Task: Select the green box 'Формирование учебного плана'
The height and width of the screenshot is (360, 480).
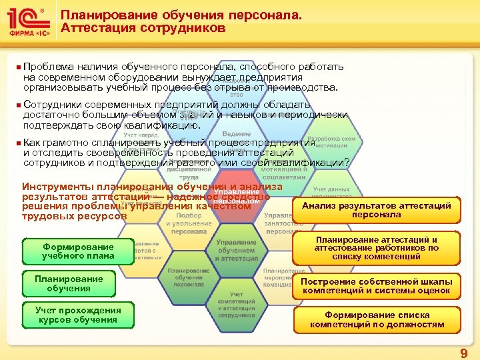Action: (x=78, y=251)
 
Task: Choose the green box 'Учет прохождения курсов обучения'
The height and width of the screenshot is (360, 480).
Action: (x=78, y=315)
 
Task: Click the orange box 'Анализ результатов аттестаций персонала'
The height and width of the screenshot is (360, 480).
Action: (x=376, y=210)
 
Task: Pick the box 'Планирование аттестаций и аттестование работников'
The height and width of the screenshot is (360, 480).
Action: (x=376, y=248)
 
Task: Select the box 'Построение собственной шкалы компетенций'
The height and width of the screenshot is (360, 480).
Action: (x=376, y=285)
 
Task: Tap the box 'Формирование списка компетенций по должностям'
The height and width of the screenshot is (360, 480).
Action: (x=376, y=320)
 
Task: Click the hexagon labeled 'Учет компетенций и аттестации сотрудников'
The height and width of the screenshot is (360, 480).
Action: (x=236, y=304)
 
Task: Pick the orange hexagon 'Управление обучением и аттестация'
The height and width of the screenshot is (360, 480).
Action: (x=236, y=251)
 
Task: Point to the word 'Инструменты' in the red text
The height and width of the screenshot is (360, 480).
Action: (x=57, y=187)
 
